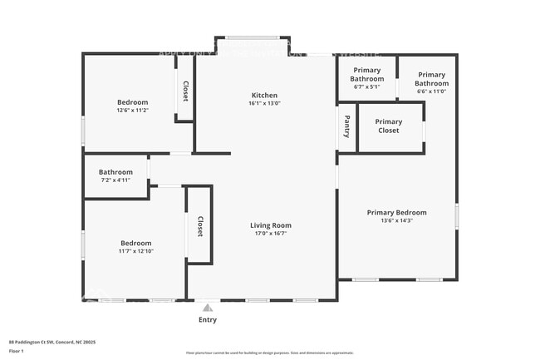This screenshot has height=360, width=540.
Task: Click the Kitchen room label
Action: coord(264,96)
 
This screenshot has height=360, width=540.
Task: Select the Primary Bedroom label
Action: coord(396,212)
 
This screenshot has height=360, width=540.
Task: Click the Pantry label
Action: coord(346,127)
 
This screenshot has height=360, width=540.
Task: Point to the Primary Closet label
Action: coord(388,126)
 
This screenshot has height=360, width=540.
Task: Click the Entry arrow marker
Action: coord(208,307)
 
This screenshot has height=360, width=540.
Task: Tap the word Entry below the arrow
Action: coord(208,320)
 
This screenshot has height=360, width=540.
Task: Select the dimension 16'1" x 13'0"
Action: coord(264,104)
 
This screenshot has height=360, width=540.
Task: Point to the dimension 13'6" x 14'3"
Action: coord(396,220)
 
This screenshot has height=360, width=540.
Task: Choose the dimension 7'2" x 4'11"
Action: coord(115,180)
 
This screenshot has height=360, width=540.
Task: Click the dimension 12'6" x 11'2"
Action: coord(132,110)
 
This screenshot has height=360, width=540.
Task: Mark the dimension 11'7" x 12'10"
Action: coord(135,250)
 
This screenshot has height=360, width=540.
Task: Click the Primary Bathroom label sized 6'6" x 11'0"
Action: coord(431,79)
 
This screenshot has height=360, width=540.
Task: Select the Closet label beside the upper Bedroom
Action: coord(184,91)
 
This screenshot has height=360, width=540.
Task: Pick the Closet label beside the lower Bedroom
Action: coord(199,226)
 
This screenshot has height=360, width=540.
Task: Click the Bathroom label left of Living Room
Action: coord(115,172)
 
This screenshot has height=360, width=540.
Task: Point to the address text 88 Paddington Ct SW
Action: coord(41,341)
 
